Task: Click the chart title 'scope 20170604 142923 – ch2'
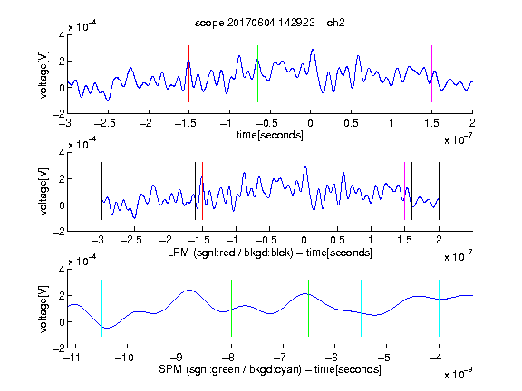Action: [x=270, y=23]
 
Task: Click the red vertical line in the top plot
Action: [x=188, y=73]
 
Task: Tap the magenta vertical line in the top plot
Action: [x=431, y=73]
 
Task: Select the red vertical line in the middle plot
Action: [x=202, y=191]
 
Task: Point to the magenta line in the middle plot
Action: [x=404, y=191]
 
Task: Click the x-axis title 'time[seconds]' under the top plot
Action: [x=270, y=135]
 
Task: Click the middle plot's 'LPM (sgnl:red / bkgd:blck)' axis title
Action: [x=230, y=253]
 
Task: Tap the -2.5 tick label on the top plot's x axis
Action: [x=104, y=123]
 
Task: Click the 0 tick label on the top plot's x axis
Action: [x=310, y=123]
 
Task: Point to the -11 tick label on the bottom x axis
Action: [x=72, y=358]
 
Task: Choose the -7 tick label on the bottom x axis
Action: [x=280, y=358]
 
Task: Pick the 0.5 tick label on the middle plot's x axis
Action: [x=337, y=240]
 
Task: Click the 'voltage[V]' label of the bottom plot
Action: [x=43, y=309]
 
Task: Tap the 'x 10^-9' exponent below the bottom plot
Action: [x=458, y=373]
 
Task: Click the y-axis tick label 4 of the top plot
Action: [x=62, y=35]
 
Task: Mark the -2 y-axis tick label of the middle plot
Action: [x=59, y=232]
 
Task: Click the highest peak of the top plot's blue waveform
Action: [x=313, y=50]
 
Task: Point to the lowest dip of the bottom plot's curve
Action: [x=107, y=328]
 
